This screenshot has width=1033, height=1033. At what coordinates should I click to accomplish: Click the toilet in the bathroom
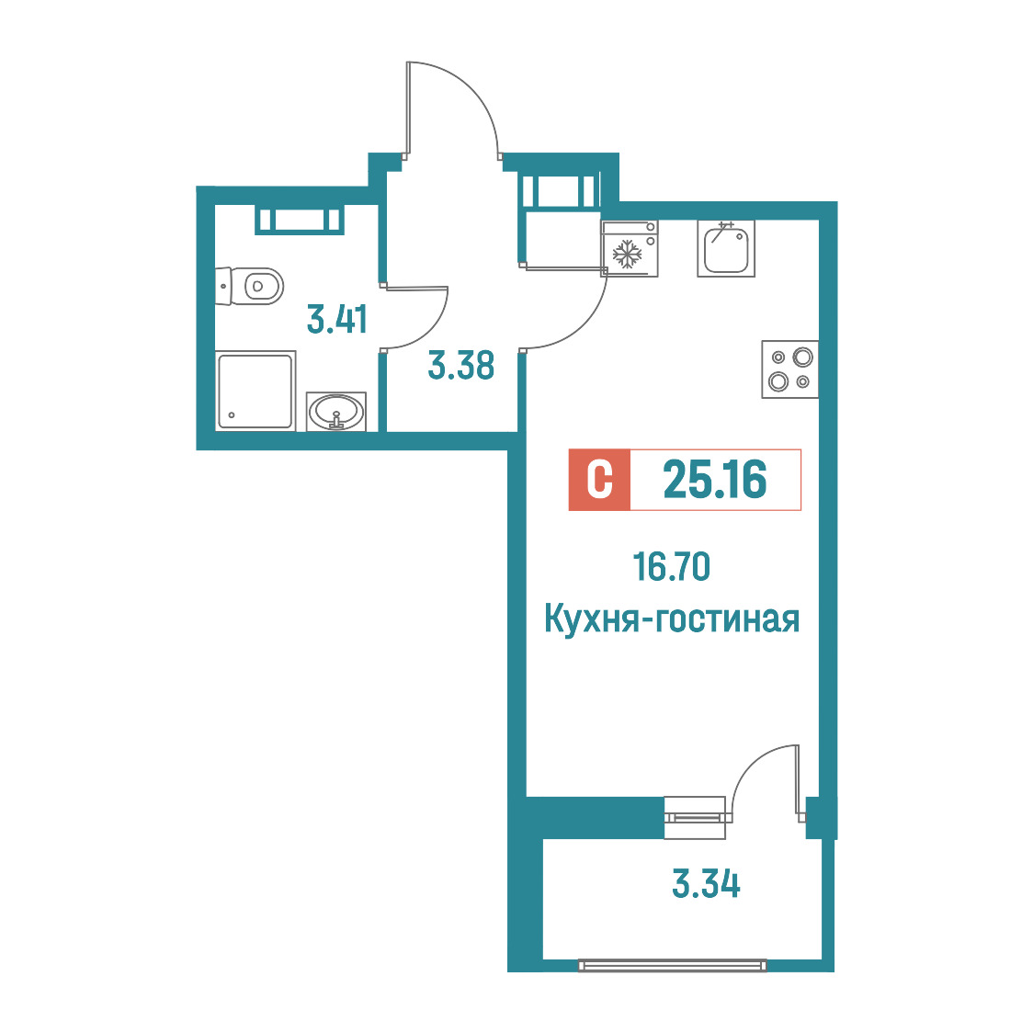tap(249, 286)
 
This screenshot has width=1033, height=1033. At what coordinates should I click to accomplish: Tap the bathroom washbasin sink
tap(336, 412)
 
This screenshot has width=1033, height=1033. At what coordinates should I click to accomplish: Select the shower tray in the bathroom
tap(255, 392)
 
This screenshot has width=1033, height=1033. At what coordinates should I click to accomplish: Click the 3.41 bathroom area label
tap(336, 320)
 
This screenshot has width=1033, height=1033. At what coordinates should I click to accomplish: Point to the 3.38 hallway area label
tap(461, 366)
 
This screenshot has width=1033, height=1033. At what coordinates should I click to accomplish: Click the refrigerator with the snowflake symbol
tap(630, 249)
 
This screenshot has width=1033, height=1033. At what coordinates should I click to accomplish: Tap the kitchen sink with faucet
tap(726, 248)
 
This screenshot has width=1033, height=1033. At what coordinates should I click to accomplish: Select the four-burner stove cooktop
tap(789, 369)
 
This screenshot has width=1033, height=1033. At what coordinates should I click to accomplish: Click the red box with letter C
tap(599, 480)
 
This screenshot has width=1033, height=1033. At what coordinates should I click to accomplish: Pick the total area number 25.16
tap(715, 480)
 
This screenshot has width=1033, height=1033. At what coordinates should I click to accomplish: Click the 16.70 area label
tap(671, 567)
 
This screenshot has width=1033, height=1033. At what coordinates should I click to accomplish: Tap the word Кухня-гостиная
tap(672, 620)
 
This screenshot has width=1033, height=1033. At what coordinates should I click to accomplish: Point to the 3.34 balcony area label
tap(706, 884)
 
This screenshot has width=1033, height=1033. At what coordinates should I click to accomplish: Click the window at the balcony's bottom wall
tap(673, 965)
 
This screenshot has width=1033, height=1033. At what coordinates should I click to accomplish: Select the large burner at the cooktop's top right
tap(803, 358)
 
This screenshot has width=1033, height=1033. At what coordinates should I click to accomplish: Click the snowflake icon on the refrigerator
tap(627, 254)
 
